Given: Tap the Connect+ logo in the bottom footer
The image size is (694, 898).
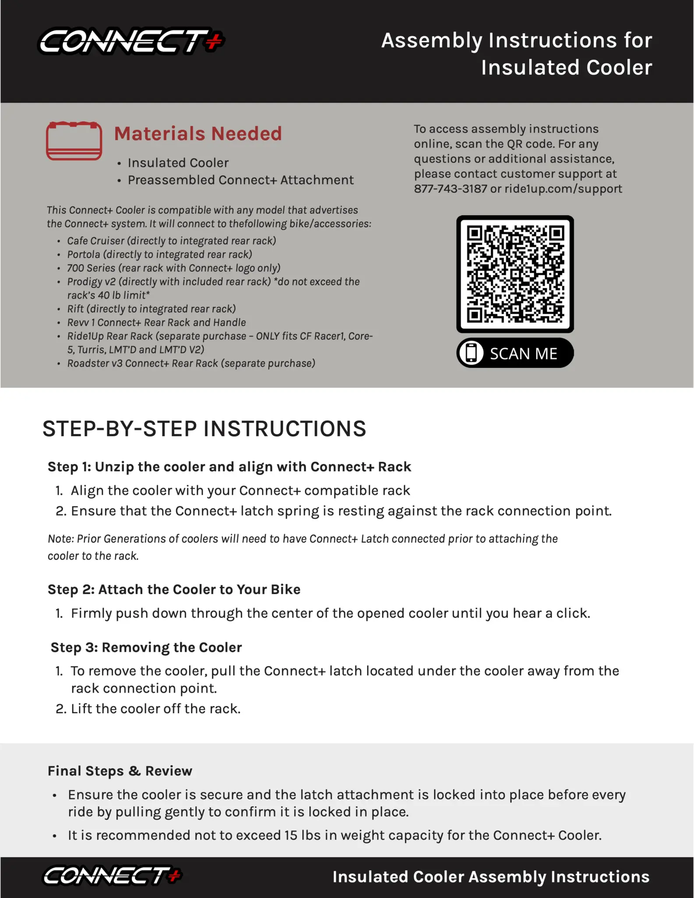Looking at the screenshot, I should click(112, 876).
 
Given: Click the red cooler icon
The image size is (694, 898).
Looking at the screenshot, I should click(74, 141).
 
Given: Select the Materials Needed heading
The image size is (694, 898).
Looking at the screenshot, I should click(198, 134).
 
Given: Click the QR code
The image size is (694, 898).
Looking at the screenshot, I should click(515, 274).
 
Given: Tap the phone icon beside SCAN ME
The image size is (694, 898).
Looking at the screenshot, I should click(471, 353).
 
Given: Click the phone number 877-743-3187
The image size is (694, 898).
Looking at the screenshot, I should click(450, 189).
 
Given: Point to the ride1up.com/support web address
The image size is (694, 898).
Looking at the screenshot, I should click(563, 189).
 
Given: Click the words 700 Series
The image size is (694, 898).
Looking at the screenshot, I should click(91, 268).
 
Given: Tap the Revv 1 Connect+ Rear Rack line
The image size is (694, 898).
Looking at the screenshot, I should click(156, 322).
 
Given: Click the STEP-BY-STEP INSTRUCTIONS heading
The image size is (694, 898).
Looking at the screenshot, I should click(204, 429).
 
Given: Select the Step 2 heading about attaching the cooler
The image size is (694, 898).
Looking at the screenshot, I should click(174, 590).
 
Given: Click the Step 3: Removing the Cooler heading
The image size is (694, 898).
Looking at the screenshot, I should click(146, 647).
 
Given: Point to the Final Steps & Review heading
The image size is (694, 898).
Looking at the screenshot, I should click(120, 771).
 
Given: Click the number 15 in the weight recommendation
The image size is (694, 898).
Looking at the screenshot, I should click(291, 835).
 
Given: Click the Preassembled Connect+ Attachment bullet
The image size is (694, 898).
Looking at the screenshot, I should click(241, 180).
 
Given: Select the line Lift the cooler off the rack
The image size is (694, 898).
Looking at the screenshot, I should click(156, 709).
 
